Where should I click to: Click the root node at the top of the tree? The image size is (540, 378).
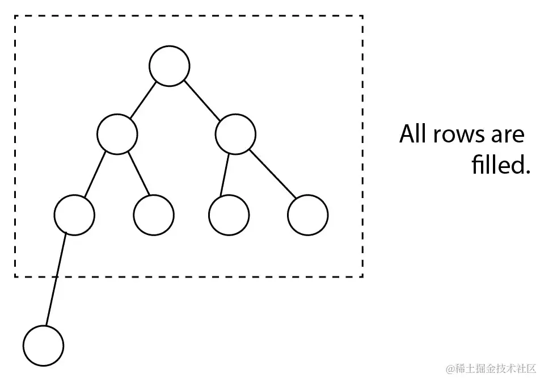pos(169,66)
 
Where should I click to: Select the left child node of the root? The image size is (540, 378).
pos(117,134)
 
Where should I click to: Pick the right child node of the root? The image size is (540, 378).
pos(235,134)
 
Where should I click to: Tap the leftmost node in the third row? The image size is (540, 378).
pos(74,215)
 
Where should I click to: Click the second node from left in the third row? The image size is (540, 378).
pos(154,215)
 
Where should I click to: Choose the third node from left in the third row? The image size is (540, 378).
pos(229,215)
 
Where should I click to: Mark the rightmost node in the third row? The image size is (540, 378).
pos(307,215)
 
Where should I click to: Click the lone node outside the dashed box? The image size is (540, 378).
pos(44,346)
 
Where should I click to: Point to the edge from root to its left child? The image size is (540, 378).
pos(143,100)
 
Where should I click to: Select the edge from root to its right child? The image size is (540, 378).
pos(202,100)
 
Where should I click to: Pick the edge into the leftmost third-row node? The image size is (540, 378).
pos(95,174)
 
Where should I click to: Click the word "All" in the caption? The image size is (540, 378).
pos(412,135)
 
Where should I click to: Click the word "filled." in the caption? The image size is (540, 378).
pos(500,165)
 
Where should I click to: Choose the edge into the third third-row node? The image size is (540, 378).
pos(225,174)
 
